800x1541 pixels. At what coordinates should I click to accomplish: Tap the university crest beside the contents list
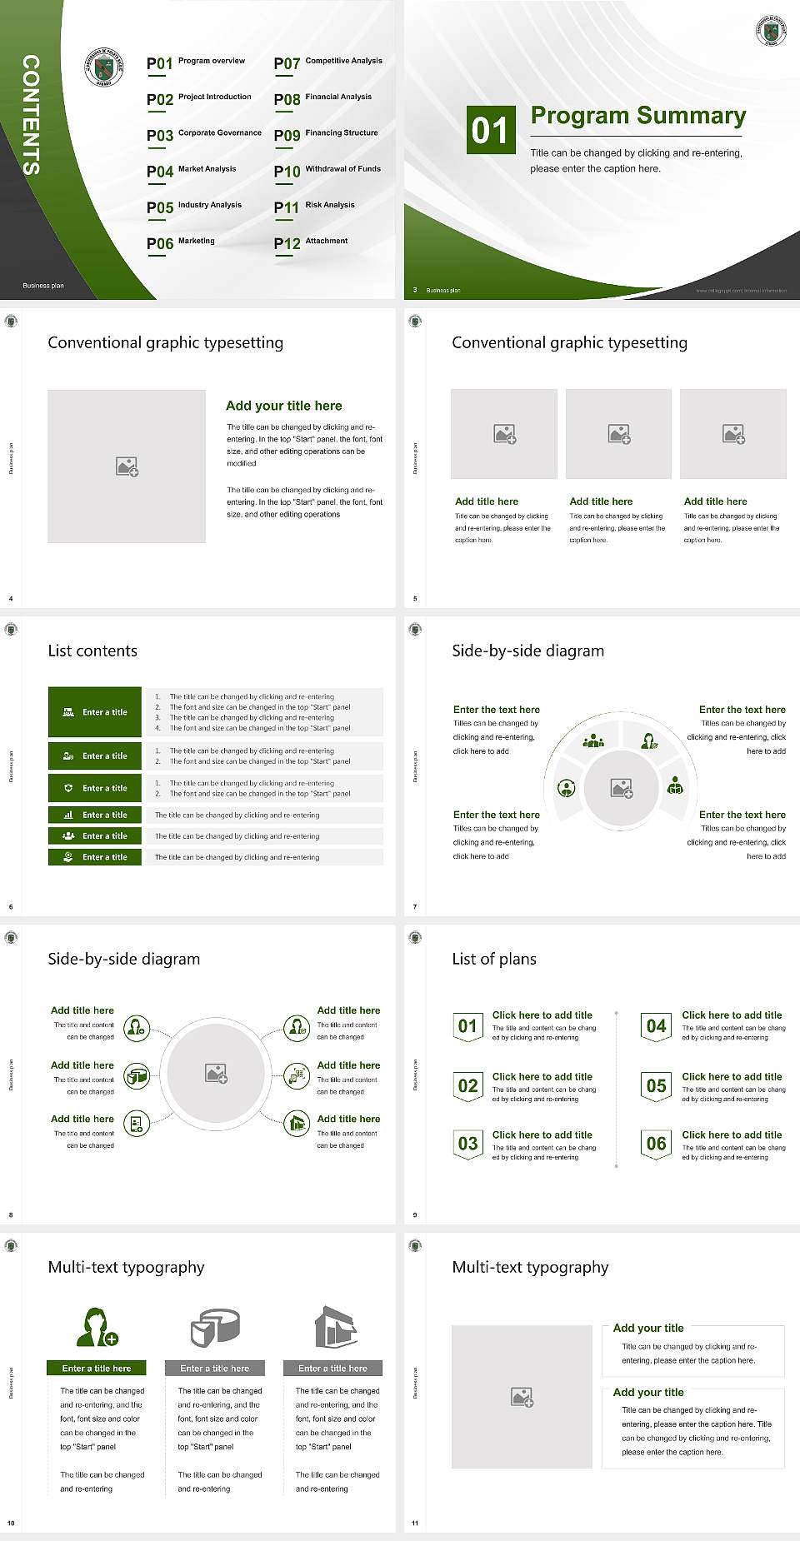[x=104, y=67]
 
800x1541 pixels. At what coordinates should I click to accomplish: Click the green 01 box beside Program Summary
[x=489, y=130]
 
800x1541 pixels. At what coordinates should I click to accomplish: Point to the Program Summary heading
[x=637, y=116]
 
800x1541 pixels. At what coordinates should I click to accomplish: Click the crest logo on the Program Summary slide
[x=771, y=31]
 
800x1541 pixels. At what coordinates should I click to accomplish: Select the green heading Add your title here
[x=283, y=406]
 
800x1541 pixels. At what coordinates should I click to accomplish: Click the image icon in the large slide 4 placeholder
[x=127, y=466]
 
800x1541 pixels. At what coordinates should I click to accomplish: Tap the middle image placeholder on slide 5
[x=618, y=434]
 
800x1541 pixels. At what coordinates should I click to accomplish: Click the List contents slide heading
[x=92, y=651]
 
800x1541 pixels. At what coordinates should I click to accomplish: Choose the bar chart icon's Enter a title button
[x=95, y=815]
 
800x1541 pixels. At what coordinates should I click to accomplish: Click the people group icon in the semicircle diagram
[x=593, y=740]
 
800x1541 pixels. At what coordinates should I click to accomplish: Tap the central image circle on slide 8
[x=217, y=1073]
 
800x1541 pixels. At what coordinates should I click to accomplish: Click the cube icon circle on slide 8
[x=137, y=1076]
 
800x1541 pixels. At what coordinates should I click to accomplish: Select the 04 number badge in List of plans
[x=656, y=1026]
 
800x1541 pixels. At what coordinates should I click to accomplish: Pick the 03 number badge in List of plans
[x=467, y=1144]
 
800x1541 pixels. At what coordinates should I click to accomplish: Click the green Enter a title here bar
[x=97, y=1368]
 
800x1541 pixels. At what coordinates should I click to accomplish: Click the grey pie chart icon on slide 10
[x=215, y=1327]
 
